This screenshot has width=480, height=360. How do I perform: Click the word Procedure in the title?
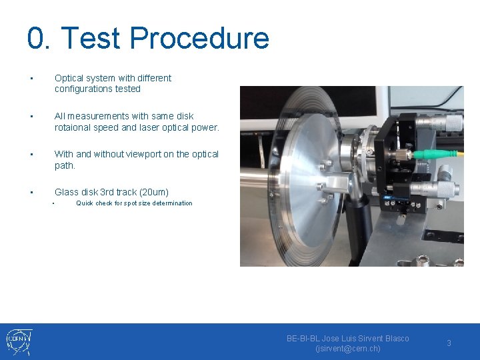pyautogui.click(x=199, y=38)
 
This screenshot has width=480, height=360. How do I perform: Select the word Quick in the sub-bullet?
pyautogui.click(x=84, y=203)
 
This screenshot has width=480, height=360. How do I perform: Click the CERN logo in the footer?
pyautogui.click(x=19, y=341)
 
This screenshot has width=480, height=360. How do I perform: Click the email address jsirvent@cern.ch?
pyautogui.click(x=347, y=349)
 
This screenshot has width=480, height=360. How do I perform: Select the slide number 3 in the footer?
pyautogui.click(x=449, y=343)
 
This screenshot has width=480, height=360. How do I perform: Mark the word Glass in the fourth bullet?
pyautogui.click(x=66, y=192)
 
